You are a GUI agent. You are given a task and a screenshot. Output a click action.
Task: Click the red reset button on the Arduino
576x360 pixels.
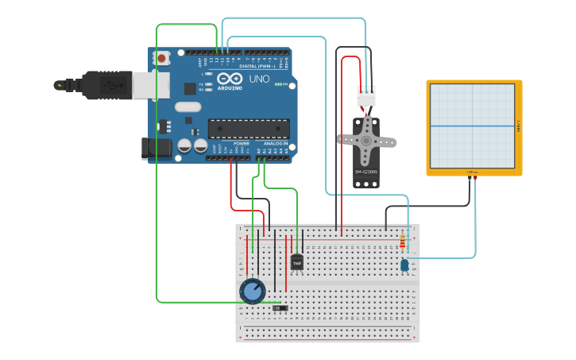(x=163, y=58)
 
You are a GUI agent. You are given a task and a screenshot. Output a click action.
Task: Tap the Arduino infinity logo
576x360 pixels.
(x=228, y=79)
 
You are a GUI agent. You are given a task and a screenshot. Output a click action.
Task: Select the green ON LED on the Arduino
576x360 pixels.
(x=277, y=83)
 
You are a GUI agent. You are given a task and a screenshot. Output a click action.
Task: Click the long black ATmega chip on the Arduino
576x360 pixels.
(x=248, y=128)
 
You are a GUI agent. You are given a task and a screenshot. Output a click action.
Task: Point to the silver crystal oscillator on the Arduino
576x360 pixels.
(x=188, y=106)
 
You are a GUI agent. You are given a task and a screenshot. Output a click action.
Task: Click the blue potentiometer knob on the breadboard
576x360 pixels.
(x=253, y=292)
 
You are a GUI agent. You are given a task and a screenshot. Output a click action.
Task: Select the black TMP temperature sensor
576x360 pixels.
(x=297, y=261)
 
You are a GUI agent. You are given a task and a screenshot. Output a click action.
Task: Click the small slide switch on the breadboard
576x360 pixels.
(x=280, y=308)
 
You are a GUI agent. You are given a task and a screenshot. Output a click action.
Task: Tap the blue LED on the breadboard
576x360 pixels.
(x=404, y=265)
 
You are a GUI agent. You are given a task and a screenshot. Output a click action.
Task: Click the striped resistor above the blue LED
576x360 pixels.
(x=402, y=242)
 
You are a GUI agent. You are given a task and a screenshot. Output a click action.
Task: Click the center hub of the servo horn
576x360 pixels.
(x=366, y=141)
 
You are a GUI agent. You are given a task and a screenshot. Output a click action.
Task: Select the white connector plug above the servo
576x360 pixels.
(x=366, y=96)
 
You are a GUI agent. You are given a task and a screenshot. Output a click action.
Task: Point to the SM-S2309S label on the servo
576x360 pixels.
(x=366, y=172)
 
